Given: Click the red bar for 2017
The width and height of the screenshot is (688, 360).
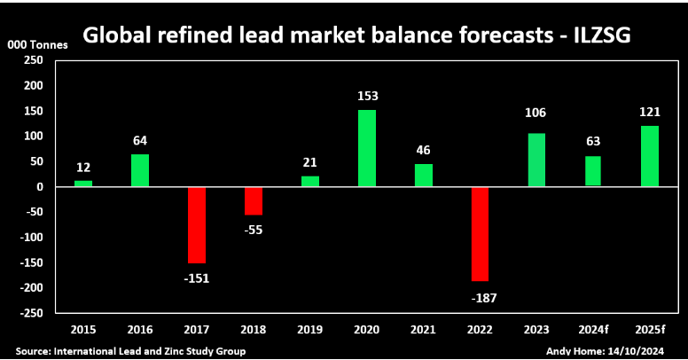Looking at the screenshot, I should tap(197, 224).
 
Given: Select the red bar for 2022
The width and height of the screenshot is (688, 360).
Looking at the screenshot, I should tap(481, 233).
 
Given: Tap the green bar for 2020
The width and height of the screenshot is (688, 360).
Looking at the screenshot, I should tap(367, 148).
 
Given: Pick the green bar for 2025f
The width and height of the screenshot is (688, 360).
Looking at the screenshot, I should tap(650, 156).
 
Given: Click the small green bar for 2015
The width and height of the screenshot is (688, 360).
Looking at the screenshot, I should tap(83, 184).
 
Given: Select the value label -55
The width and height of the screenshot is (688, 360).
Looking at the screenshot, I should tap(253, 230).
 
